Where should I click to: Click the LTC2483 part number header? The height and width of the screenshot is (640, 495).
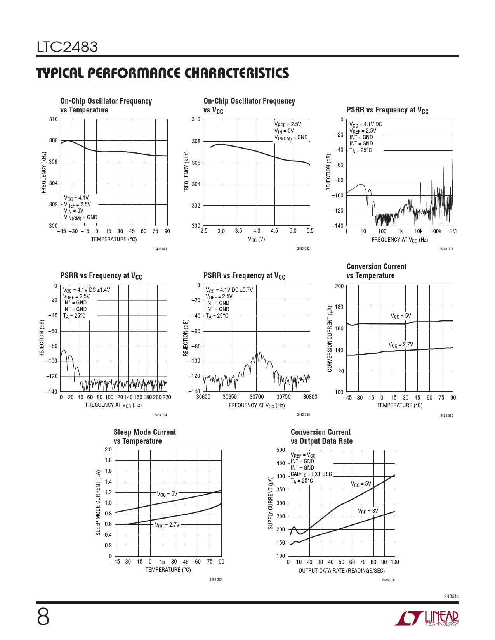pyautogui.click(x=67, y=47)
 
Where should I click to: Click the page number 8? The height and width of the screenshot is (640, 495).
pyautogui.click(x=43, y=617)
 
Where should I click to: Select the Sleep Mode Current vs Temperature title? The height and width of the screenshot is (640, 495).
pyautogui.click(x=144, y=437)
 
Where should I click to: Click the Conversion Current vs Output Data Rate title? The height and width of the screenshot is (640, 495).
pyautogui.click(x=321, y=437)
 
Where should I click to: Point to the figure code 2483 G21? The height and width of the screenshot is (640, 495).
pyautogui.click(x=160, y=249)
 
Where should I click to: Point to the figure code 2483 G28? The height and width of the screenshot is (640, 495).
pyautogui.click(x=388, y=580)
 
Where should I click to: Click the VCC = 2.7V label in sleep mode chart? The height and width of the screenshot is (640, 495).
pyautogui.click(x=167, y=525)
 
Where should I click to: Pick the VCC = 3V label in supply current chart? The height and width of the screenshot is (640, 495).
pyautogui.click(x=368, y=511)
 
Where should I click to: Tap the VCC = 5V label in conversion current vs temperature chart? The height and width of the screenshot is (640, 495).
pyautogui.click(x=401, y=316)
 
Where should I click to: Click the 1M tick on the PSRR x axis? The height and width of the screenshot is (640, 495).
pyautogui.click(x=453, y=231)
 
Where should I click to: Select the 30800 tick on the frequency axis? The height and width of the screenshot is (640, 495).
pyautogui.click(x=310, y=397)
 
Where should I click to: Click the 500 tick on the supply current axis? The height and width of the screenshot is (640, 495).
pyautogui.click(x=281, y=450)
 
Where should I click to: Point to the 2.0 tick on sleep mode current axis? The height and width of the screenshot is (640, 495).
pyautogui.click(x=108, y=450)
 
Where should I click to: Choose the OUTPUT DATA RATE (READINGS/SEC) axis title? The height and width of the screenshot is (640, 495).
pyautogui.click(x=342, y=571)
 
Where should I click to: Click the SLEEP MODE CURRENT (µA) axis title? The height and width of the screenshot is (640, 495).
pyautogui.click(x=98, y=503)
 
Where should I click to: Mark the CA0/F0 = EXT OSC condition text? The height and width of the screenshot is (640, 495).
pyautogui.click(x=311, y=474)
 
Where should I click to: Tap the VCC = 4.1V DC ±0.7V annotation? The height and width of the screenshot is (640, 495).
pyautogui.click(x=229, y=290)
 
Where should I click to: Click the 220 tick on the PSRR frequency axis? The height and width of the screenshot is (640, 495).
pyautogui.click(x=167, y=397)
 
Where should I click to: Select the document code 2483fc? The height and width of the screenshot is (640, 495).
pyautogui.click(x=451, y=596)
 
